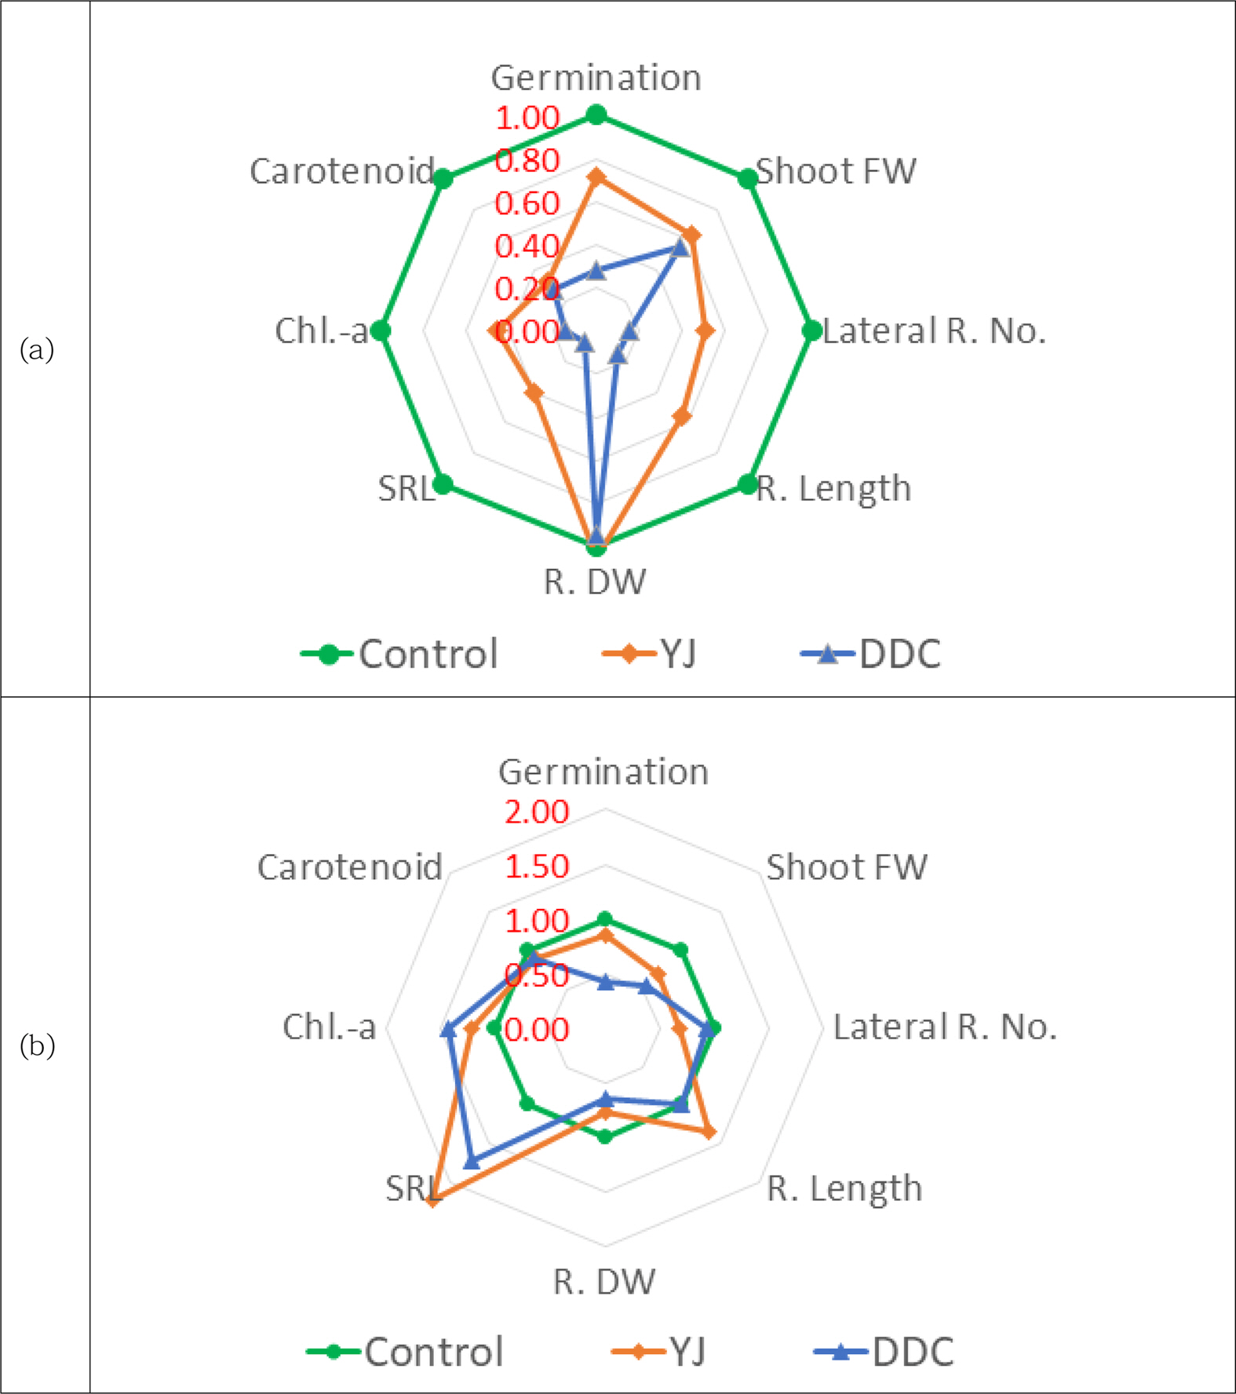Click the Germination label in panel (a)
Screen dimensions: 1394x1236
596,78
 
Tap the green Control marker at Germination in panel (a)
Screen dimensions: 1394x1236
596,115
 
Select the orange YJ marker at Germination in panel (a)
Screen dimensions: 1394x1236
596,177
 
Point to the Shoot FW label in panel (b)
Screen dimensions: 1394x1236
847,867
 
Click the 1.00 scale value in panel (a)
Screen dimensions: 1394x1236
527,119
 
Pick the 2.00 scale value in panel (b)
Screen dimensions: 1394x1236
537,812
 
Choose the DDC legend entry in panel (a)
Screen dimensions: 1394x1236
871,654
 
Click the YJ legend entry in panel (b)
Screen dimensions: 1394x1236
660,1352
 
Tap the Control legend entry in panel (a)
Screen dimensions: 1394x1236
400,654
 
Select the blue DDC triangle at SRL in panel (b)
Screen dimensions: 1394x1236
471,1161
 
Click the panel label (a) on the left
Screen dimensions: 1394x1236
37,348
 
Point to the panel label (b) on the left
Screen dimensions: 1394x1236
37,1045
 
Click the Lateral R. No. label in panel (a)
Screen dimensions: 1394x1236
934,331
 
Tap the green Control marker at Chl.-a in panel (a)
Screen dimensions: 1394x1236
381,330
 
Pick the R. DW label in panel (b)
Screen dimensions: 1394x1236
603,1282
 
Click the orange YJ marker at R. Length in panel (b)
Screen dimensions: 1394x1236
709,1131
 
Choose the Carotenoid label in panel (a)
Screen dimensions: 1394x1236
342,171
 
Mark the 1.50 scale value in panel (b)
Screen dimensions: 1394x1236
537,867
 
